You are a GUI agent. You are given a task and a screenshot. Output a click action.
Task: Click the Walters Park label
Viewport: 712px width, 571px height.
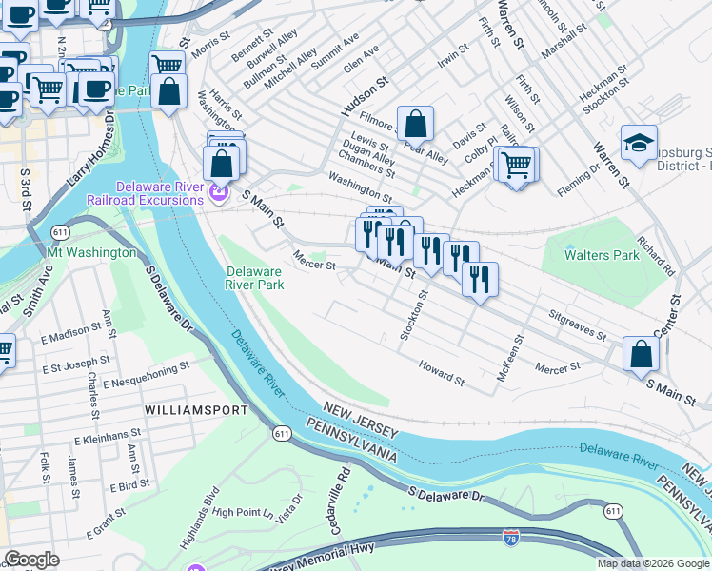pyautogui.click(x=601, y=255)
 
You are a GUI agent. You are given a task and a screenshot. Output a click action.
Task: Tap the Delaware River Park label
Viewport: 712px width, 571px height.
pyautogui.click(x=254, y=277)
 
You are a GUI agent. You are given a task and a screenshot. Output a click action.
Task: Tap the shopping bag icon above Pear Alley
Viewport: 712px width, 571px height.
pyautogui.click(x=416, y=123)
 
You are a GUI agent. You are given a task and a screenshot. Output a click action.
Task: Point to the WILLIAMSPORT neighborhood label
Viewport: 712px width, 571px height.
pyautogui.click(x=196, y=410)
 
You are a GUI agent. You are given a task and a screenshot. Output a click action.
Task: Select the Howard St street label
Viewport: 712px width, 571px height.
pyautogui.click(x=441, y=374)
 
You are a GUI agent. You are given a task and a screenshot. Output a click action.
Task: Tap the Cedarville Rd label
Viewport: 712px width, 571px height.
pyautogui.click(x=343, y=485)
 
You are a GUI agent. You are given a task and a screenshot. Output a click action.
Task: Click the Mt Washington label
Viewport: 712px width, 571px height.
pyautogui.click(x=90, y=253)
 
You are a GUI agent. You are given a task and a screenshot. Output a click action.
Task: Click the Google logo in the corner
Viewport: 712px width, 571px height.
pyautogui.click(x=31, y=560)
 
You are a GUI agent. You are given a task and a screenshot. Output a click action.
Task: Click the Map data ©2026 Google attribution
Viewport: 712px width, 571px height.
pyautogui.click(x=653, y=563)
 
